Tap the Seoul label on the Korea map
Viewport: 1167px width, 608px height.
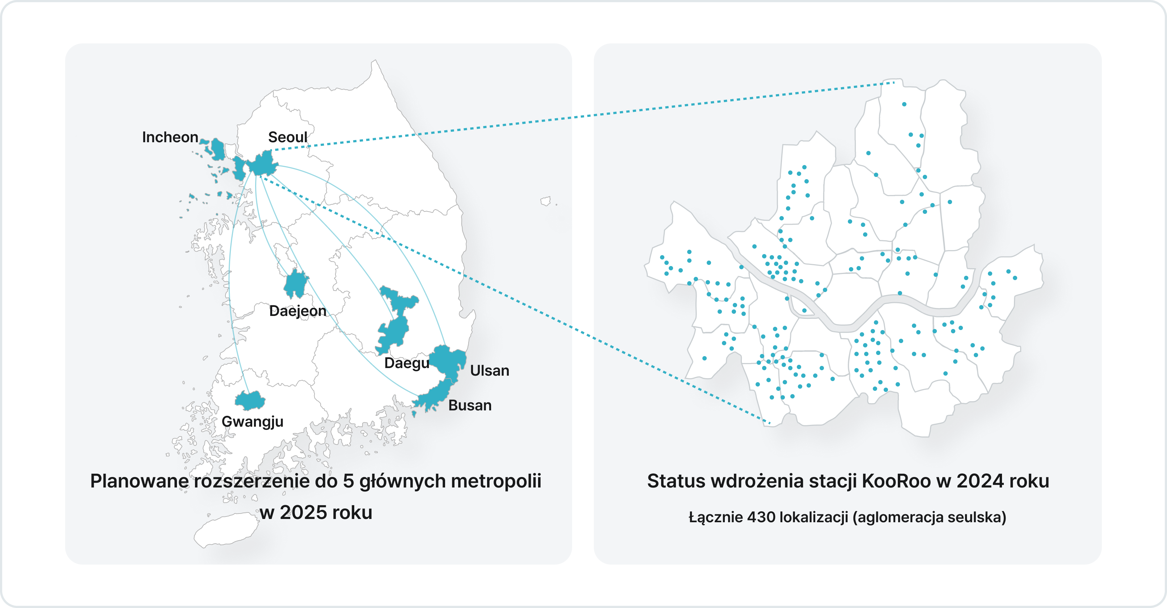pos(287,137)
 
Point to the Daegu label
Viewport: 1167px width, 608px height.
pos(406,363)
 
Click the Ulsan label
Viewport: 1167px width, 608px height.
pos(489,371)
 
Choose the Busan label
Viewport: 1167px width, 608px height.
pos(470,405)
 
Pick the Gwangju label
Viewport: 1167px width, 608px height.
pos(252,421)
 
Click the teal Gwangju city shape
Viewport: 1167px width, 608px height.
pos(250,401)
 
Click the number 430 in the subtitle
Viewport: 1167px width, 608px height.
pos(761,517)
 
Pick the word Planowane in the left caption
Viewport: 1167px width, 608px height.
pos(139,481)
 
